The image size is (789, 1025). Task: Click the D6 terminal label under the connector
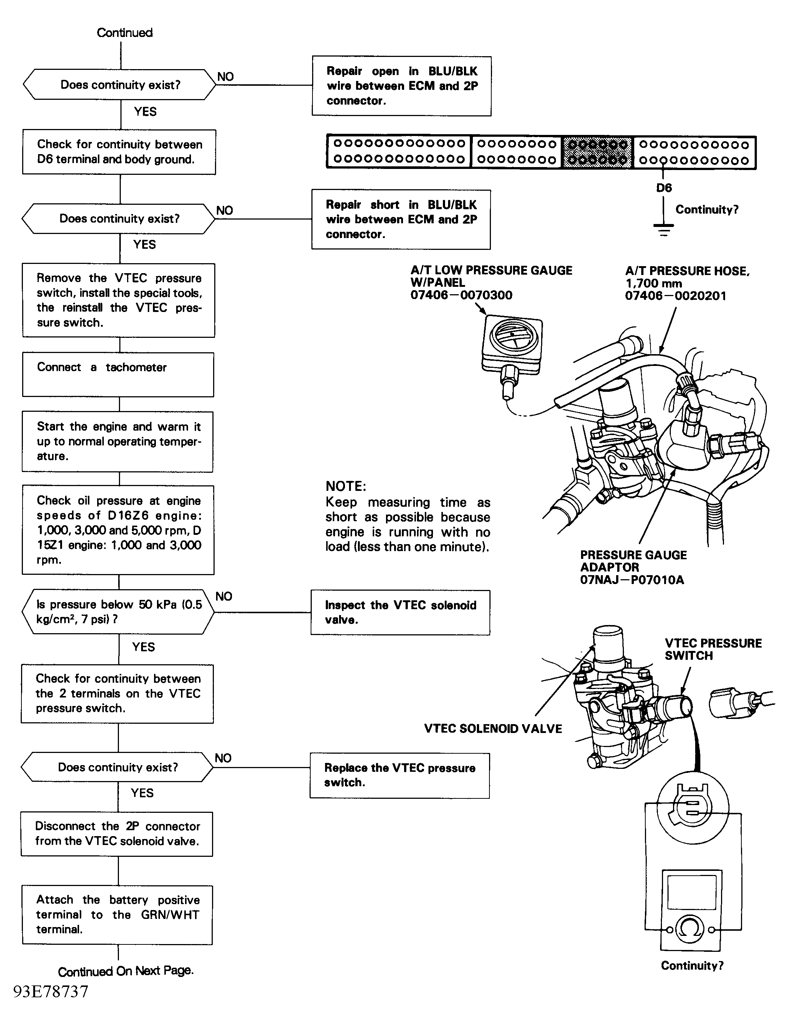click(663, 188)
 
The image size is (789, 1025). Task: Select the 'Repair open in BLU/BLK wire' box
click(402, 86)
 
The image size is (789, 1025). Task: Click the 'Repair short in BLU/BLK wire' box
click(401, 219)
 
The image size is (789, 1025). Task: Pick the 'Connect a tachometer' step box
click(118, 374)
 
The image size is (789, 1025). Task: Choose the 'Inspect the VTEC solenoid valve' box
click(400, 612)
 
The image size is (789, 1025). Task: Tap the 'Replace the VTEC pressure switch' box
click(400, 775)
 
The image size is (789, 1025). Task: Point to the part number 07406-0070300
click(461, 295)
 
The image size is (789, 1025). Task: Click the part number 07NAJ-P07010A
click(632, 580)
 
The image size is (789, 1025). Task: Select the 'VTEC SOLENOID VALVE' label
click(492, 729)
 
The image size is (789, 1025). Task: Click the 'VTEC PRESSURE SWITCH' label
click(713, 649)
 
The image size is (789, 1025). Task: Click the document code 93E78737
click(51, 991)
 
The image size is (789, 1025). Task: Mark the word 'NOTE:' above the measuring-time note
click(346, 486)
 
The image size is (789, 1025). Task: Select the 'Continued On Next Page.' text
click(126, 971)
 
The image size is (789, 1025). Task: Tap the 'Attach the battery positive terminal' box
click(117, 915)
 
